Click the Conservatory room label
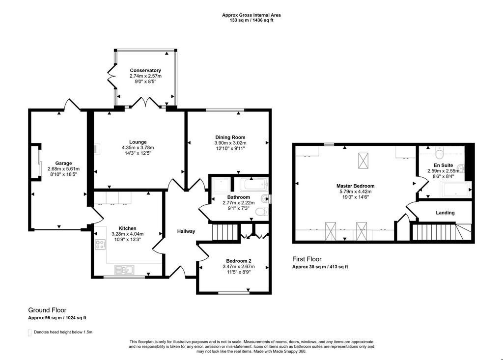[x=145, y=70]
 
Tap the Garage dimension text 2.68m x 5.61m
[x=63, y=169]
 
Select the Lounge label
[x=138, y=142]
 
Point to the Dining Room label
[x=230, y=138]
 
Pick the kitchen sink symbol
[x=124, y=270]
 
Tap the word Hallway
[x=186, y=231]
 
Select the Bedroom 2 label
[x=239, y=261]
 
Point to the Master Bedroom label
[x=356, y=186]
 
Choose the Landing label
[x=445, y=212]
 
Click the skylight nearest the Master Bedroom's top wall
[x=363, y=161]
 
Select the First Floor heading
[x=307, y=259]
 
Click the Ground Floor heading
[x=47, y=310]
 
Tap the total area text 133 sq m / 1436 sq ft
[x=251, y=20]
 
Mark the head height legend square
[x=30, y=332]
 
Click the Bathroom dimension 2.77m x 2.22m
[x=239, y=203]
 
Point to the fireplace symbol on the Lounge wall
[x=96, y=149]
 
